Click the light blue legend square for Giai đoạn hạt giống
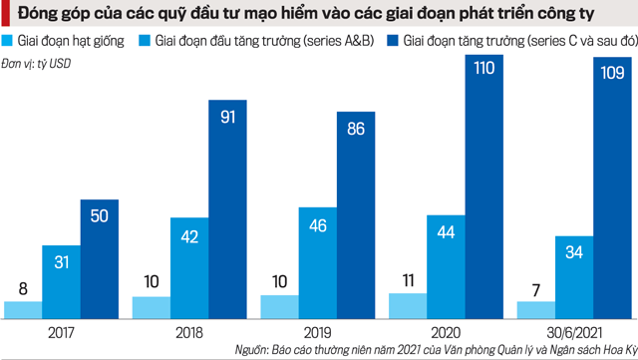(8, 43)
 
